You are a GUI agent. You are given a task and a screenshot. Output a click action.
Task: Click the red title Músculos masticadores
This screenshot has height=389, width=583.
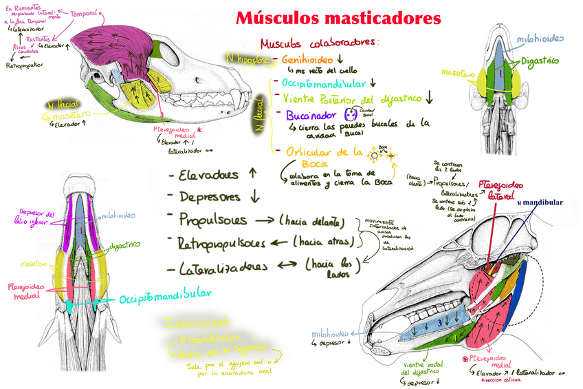[334, 18]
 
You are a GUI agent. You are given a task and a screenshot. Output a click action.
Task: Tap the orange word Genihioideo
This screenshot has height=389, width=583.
[307, 60]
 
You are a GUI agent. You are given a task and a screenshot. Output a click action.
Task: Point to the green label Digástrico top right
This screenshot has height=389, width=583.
[539, 62]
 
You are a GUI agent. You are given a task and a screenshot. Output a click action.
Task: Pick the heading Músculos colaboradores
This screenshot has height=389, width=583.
[320, 42]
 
